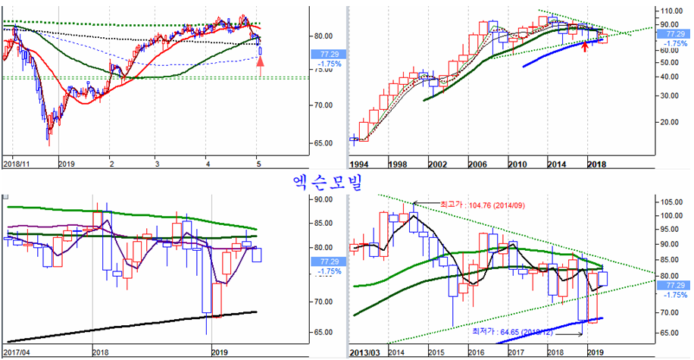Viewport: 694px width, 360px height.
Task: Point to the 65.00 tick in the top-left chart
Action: click(x=325, y=143)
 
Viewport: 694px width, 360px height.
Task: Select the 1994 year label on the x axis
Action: click(x=360, y=164)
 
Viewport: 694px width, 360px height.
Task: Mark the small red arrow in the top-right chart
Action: click(x=585, y=47)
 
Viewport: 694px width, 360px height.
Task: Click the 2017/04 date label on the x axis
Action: click(x=17, y=352)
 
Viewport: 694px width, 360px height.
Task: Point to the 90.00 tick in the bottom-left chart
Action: click(x=325, y=199)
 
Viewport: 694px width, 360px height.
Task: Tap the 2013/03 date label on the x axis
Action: click(x=366, y=352)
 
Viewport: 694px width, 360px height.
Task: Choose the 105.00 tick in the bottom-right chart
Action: click(x=671, y=202)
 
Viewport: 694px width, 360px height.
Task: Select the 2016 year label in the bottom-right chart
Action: click(x=475, y=352)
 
